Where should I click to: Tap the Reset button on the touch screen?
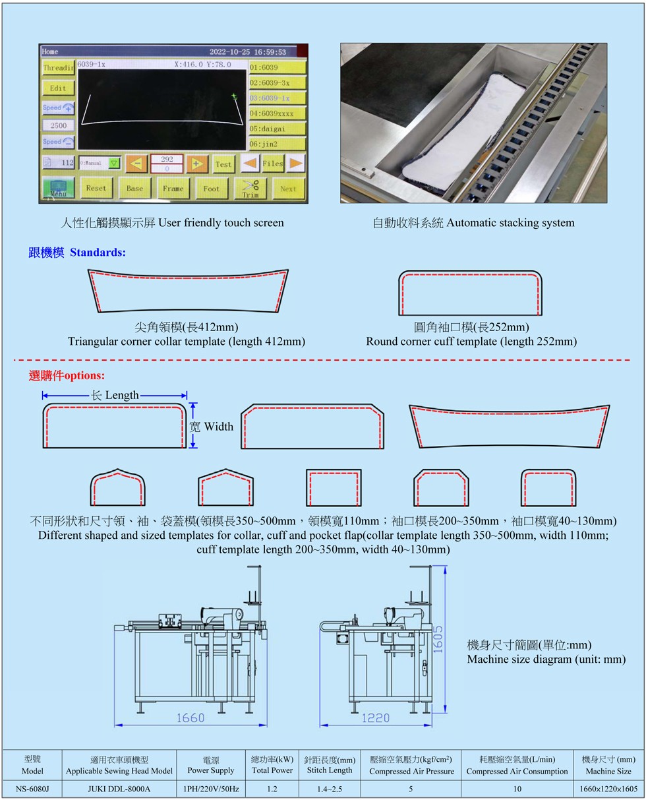96,188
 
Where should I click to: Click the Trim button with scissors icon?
250,188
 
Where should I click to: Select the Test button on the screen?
223,164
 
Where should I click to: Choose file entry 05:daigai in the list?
277,129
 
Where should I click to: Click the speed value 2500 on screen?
58,125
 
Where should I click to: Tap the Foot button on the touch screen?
212,188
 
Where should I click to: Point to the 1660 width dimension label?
191,718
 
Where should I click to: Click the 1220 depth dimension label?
375,718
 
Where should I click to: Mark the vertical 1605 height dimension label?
438,639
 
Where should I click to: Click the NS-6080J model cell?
32,789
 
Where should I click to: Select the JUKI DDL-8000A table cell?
119,789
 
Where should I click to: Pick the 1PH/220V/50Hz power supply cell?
211,789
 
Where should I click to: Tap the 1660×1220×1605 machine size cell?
608,789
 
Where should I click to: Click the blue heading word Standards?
98,253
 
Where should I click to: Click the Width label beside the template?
218,427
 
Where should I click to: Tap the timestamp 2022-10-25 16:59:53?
247,52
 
